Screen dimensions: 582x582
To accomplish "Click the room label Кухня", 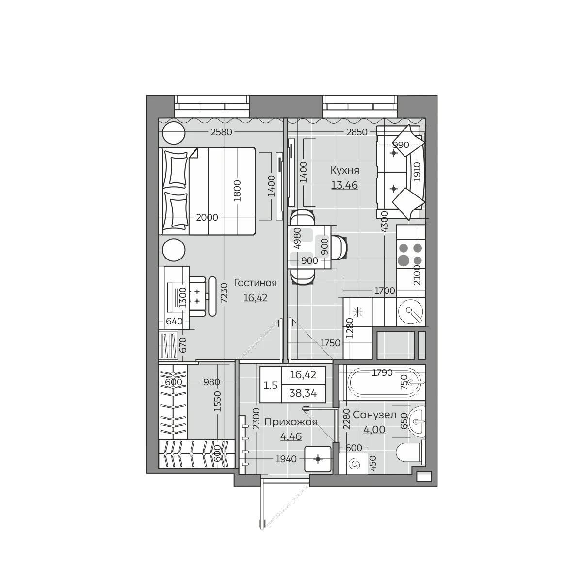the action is [x=345, y=170].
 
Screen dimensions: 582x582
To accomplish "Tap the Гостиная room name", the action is [x=255, y=283].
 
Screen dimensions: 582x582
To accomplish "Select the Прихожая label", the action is [x=291, y=422].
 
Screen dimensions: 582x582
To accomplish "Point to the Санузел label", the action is [x=374, y=415].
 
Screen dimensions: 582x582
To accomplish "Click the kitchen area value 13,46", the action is [x=345, y=185].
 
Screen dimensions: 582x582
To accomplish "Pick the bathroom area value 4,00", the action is [x=374, y=429].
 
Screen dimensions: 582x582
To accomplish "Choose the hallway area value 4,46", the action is [x=291, y=436].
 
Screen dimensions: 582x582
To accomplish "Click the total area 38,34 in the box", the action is [x=303, y=393].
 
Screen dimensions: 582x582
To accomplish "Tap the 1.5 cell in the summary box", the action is [x=270, y=386].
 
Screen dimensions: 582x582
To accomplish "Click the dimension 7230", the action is [x=224, y=293].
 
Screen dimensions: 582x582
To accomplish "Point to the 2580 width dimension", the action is [x=221, y=132].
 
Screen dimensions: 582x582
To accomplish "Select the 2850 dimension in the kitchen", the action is [x=357, y=132].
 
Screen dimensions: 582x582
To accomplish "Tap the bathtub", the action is [x=382, y=382].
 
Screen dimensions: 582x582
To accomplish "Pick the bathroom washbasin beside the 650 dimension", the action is [x=417, y=421].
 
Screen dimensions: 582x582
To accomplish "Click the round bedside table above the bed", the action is [x=173, y=132].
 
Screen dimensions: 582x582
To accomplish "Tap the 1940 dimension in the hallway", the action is [x=286, y=459].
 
